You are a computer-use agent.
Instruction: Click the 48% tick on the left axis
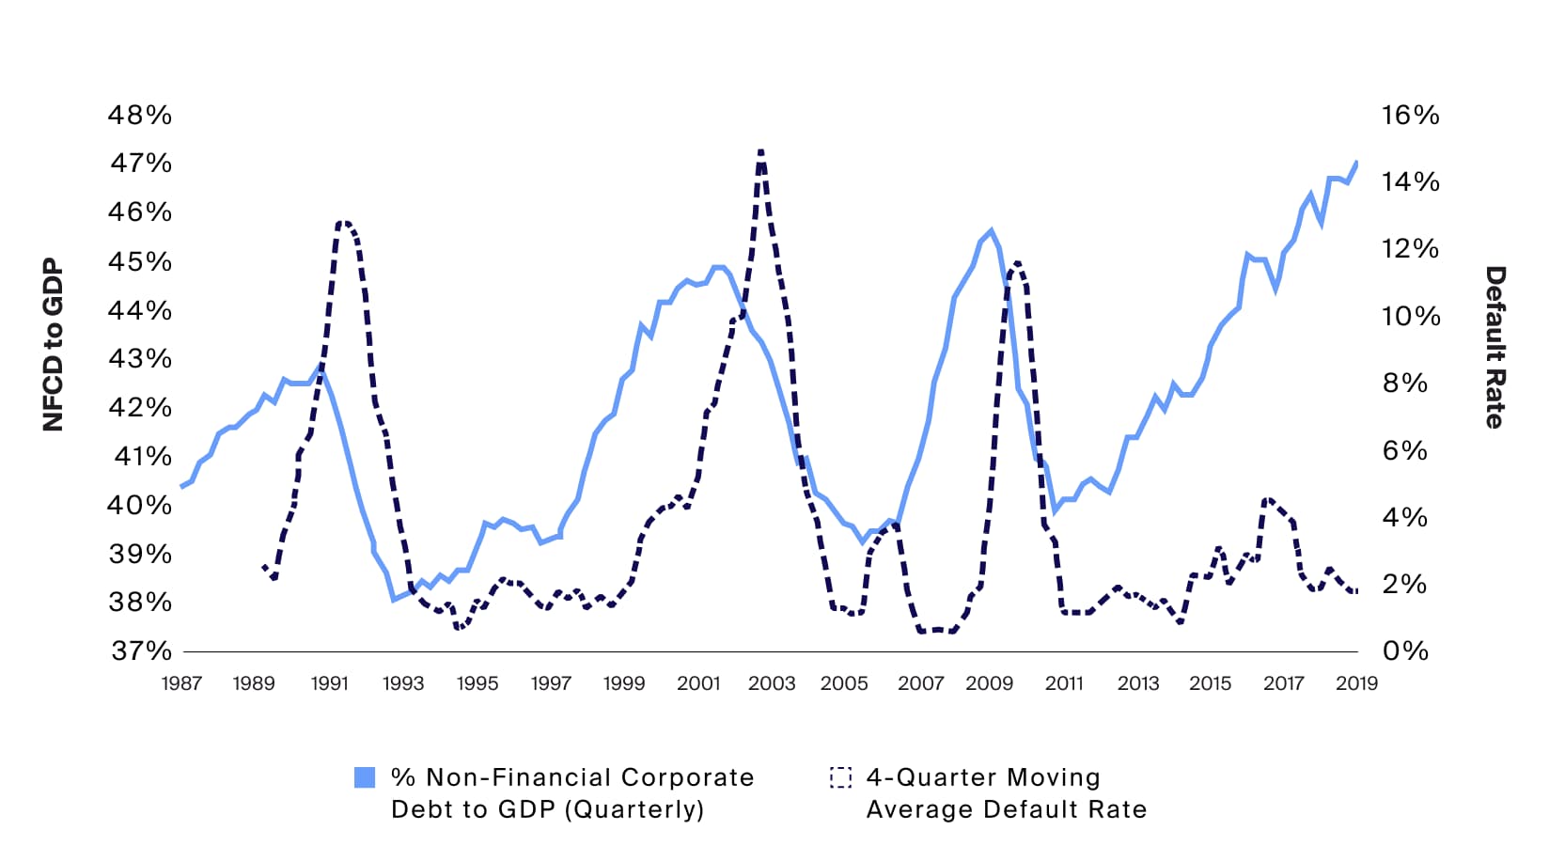coord(140,116)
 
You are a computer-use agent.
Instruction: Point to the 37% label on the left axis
coord(142,650)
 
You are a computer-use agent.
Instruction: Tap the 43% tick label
coord(140,359)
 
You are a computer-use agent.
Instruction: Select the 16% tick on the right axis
coord(1410,116)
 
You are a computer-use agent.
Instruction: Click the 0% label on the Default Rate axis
coord(1405,650)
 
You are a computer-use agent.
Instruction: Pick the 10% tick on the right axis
coord(1410,316)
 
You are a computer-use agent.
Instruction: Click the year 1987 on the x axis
coord(181,683)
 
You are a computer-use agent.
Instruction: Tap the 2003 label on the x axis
coord(772,683)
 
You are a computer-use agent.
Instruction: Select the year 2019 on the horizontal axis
coord(1356,683)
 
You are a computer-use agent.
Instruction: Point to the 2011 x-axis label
coord(1064,683)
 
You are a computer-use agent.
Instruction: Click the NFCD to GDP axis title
coord(54,345)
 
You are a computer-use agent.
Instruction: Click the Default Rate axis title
coord(1494,347)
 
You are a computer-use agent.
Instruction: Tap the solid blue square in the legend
coord(365,777)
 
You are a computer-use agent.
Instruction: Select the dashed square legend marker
coord(840,777)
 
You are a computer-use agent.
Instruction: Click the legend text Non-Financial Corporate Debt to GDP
coord(572,793)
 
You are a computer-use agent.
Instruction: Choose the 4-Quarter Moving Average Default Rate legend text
coord(1006,793)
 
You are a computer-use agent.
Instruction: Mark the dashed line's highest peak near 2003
coord(760,150)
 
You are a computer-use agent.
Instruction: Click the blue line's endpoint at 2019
coord(1356,162)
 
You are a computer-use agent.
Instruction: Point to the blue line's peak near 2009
coord(991,230)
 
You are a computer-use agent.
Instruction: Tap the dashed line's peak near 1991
coord(343,223)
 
